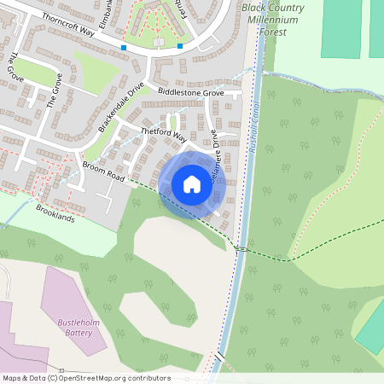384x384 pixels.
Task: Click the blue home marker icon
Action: (191, 184)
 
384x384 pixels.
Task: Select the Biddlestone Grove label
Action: (190, 92)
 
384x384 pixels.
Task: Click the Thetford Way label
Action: (163, 134)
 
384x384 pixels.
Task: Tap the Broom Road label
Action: (103, 171)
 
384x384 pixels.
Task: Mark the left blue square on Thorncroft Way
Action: (125, 48)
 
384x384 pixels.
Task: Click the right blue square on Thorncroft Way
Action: (180, 46)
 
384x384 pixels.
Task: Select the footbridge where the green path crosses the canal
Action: (241, 249)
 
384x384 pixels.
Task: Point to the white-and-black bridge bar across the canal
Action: (220, 354)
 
